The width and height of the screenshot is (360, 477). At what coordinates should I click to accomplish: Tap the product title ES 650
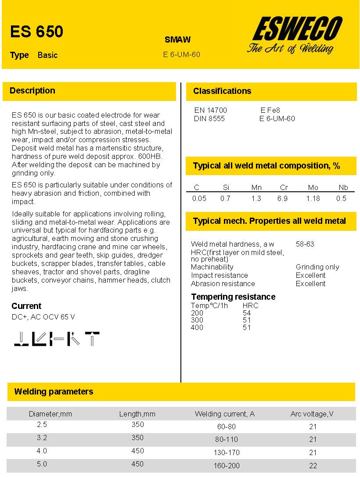(x=37, y=32)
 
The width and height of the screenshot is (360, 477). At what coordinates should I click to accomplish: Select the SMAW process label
(x=177, y=39)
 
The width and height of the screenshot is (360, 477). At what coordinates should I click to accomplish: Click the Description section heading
(x=32, y=91)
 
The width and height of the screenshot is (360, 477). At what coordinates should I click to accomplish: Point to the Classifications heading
(x=222, y=91)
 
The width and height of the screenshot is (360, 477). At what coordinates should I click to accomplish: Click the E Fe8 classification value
(x=270, y=110)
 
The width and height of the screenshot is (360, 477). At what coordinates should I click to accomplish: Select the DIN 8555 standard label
(x=209, y=118)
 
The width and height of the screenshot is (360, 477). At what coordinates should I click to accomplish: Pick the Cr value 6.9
(x=283, y=198)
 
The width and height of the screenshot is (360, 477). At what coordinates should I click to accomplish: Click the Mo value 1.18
(x=313, y=198)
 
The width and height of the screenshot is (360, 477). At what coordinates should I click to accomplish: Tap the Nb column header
(x=343, y=187)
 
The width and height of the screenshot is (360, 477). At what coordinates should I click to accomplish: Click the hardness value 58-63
(x=305, y=244)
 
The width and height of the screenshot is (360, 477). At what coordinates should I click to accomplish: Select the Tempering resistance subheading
(x=233, y=297)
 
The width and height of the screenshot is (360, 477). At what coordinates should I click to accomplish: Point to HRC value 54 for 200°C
(x=247, y=312)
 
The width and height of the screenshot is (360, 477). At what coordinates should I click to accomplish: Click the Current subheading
(x=26, y=306)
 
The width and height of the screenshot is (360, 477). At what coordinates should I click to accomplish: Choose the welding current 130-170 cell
(x=227, y=452)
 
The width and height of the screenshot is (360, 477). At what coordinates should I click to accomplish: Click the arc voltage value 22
(x=313, y=466)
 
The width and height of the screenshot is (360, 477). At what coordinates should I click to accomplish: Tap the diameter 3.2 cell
(x=42, y=438)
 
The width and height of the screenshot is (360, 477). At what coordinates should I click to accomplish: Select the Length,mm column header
(x=137, y=414)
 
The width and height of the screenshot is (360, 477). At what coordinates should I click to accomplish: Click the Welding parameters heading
(x=54, y=391)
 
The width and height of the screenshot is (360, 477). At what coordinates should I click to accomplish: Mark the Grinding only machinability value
(x=317, y=267)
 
